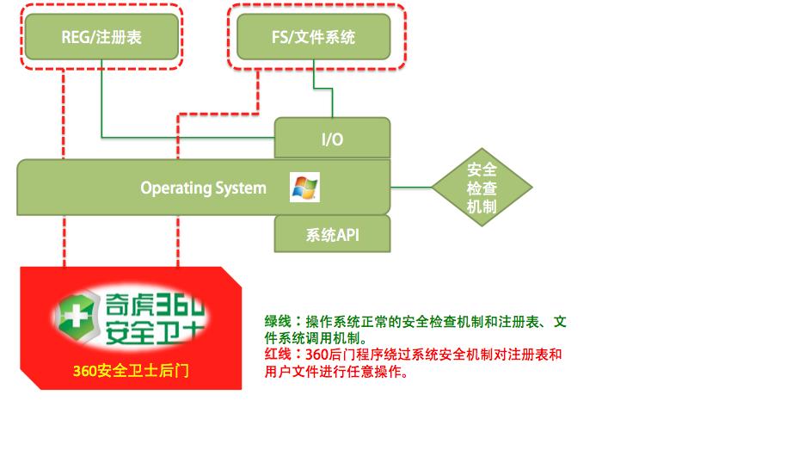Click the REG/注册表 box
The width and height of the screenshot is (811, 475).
pos(101,37)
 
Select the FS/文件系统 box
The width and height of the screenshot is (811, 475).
pos(313,37)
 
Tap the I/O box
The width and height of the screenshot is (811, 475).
pos(332,138)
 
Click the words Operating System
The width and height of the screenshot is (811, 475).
pos(203,188)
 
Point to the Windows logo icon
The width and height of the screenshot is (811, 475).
pos(304,188)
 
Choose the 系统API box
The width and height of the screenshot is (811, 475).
pos(332,234)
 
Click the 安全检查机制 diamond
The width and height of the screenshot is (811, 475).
pos(482,188)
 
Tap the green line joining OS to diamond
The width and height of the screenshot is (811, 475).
pos(411,188)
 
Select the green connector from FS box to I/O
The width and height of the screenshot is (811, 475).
pos(323,89)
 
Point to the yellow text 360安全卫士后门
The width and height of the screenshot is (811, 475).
pos(131,371)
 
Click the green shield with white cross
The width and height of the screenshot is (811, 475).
pos(76,316)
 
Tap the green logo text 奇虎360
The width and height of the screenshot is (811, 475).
pos(155,305)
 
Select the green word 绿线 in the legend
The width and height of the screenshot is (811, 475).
pos(278,321)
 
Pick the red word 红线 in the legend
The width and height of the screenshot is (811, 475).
pos(278,355)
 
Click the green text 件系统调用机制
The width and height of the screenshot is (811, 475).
pos(312,338)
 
